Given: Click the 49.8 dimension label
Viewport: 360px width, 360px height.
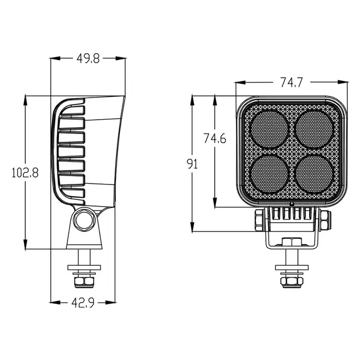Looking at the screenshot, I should pos(88,59).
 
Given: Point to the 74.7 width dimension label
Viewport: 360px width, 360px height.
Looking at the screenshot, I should pos(291,83).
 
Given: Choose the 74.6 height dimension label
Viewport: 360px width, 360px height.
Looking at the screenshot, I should pos(214,138).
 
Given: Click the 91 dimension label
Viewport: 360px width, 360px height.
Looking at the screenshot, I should pos(192,164).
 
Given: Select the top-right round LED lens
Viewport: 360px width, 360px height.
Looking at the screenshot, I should pos(312,128).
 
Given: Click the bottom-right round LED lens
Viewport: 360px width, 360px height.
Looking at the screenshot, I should pos(312,173).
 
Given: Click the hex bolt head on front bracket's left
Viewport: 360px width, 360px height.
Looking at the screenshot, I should pos(258,221).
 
